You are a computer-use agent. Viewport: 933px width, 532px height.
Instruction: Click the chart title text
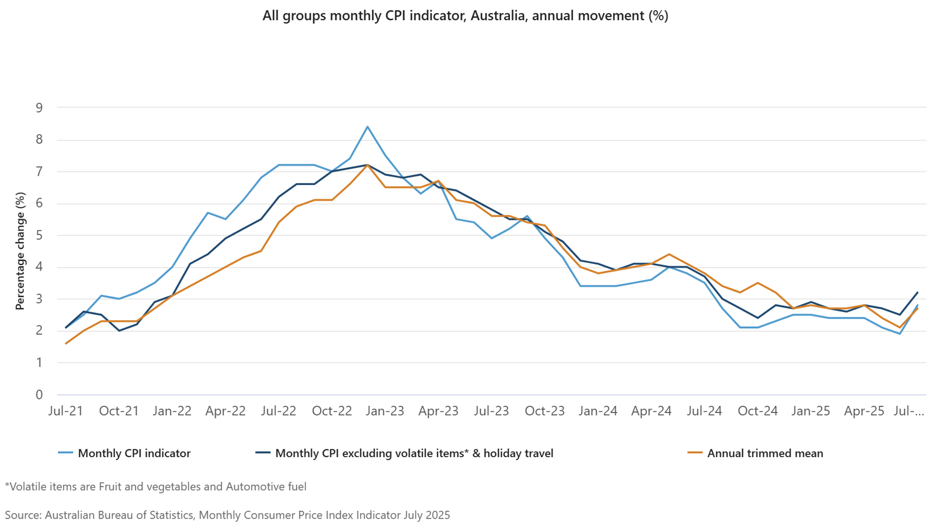(465, 16)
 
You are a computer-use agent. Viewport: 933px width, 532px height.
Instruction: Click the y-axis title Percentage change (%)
(21, 251)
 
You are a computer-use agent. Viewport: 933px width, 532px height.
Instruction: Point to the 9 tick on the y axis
(39, 108)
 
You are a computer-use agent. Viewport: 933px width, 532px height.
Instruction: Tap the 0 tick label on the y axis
(39, 395)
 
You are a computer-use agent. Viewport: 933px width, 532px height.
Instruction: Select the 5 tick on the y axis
(39, 236)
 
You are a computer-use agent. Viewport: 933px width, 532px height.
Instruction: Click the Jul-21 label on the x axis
(65, 411)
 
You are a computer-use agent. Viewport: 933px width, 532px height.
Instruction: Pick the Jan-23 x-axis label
(385, 411)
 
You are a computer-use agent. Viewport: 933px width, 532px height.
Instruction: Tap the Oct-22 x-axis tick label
(332, 411)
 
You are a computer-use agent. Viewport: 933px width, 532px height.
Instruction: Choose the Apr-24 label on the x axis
(651, 411)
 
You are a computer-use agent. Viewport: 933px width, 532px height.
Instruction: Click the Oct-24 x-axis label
(757, 411)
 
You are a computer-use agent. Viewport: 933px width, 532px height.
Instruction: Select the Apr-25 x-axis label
(864, 411)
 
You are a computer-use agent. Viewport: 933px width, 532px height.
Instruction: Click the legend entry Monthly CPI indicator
(134, 454)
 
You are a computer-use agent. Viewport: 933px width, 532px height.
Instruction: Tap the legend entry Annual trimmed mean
(764, 454)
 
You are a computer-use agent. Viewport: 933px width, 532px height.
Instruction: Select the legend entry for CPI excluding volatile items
(414, 454)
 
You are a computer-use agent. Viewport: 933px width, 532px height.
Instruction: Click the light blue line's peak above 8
(367, 127)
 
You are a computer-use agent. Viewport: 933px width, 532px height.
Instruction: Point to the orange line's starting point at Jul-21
(66, 343)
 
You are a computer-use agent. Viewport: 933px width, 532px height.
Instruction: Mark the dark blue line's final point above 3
(918, 292)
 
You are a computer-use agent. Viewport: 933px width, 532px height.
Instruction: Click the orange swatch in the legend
(695, 453)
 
